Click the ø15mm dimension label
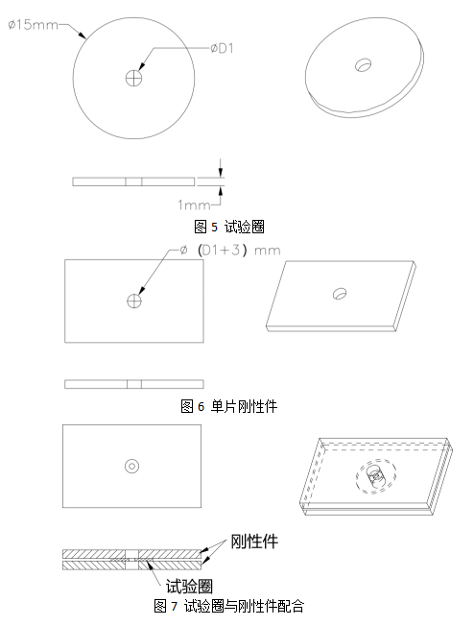34,25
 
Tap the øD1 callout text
223,48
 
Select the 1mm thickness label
194,205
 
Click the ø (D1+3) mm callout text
230,251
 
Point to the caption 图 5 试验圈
229,227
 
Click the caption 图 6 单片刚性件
229,406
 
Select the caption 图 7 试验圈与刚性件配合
229,606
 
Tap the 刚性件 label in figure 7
254,542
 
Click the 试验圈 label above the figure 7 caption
189,587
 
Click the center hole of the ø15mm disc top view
134,78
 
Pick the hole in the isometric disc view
363,64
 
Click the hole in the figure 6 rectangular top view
134,301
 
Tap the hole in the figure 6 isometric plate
340,294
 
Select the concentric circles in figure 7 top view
131,466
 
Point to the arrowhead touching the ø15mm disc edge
83,36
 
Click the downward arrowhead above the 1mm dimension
221,173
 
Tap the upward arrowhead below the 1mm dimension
221,191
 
